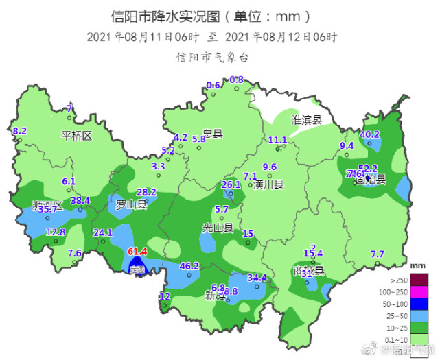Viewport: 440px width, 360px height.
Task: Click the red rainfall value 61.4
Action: click(138, 252)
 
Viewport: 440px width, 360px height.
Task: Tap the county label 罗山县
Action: click(131, 204)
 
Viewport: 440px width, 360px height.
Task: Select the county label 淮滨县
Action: click(307, 119)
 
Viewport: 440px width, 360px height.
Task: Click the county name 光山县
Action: click(218, 227)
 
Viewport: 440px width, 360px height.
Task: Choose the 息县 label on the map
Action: click(213, 134)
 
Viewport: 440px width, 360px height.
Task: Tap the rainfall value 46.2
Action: click(189, 266)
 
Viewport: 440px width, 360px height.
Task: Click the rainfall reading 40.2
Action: click(370, 134)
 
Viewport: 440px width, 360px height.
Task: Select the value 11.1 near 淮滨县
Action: click(277, 141)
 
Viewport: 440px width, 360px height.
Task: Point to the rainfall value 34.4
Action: click(257, 278)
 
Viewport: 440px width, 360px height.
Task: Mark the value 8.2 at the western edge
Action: click(20, 131)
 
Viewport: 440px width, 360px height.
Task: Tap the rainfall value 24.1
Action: click(102, 232)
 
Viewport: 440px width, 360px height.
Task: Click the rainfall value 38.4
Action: click(80, 200)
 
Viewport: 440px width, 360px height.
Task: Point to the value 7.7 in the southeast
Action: click(378, 254)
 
